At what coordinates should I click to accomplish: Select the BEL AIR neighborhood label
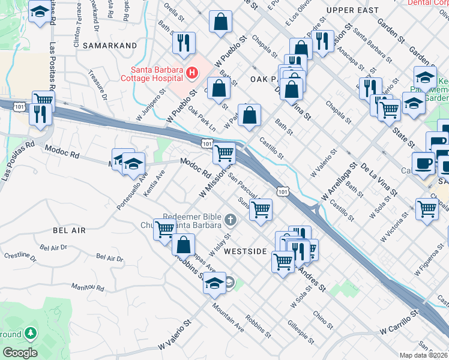[70, 230]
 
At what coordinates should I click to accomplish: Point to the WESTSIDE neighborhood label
[245, 251]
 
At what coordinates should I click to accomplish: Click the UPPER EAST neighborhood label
[352, 10]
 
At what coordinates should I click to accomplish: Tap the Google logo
[20, 352]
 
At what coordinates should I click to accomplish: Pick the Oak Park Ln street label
[202, 118]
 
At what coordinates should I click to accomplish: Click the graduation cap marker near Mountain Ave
[214, 284]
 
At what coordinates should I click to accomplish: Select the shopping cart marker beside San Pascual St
[261, 209]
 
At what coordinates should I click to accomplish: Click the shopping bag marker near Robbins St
[183, 244]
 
